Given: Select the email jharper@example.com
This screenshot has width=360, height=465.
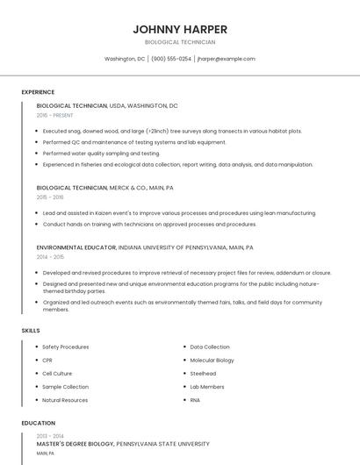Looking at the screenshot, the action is (x=227, y=59).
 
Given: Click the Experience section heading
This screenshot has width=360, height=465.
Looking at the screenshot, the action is (x=38, y=92).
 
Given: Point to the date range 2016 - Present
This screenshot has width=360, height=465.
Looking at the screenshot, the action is (x=55, y=115).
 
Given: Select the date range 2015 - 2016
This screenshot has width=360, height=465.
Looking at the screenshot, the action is (x=50, y=197).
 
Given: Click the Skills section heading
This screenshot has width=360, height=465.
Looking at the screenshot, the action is (x=30, y=330).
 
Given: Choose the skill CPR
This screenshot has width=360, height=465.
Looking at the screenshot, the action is (x=47, y=360).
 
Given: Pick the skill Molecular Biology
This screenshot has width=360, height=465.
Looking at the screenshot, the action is (x=212, y=360).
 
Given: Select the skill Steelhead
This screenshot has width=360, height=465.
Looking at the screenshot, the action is (x=203, y=373).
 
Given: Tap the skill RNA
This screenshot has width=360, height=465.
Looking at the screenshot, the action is (x=195, y=400).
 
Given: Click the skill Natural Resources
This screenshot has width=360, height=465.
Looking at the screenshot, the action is (x=65, y=400).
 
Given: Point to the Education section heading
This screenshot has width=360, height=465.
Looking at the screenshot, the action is (x=38, y=423).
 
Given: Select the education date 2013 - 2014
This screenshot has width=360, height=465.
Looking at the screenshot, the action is (x=50, y=435).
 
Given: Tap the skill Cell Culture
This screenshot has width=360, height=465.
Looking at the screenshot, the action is (x=57, y=373).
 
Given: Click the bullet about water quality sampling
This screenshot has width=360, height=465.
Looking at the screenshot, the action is (x=101, y=153).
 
